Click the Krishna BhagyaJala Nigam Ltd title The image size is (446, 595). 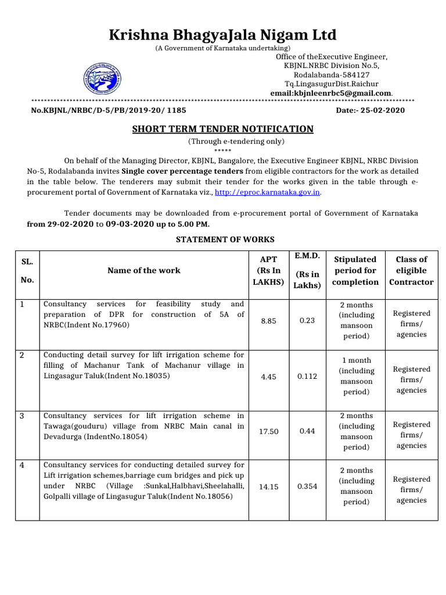pos(222,35)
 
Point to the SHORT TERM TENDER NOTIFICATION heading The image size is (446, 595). pos(223,129)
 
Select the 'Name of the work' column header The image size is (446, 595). pos(144,270)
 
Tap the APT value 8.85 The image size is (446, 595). pos(268,320)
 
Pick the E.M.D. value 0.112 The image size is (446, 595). pos(307,377)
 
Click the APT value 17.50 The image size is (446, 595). pos(268,431)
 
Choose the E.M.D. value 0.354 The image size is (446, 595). pos(307,486)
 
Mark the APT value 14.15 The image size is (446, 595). pos(268,486)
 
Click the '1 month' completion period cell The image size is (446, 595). pos(356,360)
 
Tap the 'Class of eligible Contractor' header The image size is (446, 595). pos(411,270)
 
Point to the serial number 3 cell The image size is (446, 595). pos(23,416)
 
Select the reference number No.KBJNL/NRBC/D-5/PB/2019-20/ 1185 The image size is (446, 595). pos(109,110)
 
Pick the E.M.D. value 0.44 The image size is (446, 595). pos(307,431)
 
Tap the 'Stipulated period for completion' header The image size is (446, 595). pos(355,270)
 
